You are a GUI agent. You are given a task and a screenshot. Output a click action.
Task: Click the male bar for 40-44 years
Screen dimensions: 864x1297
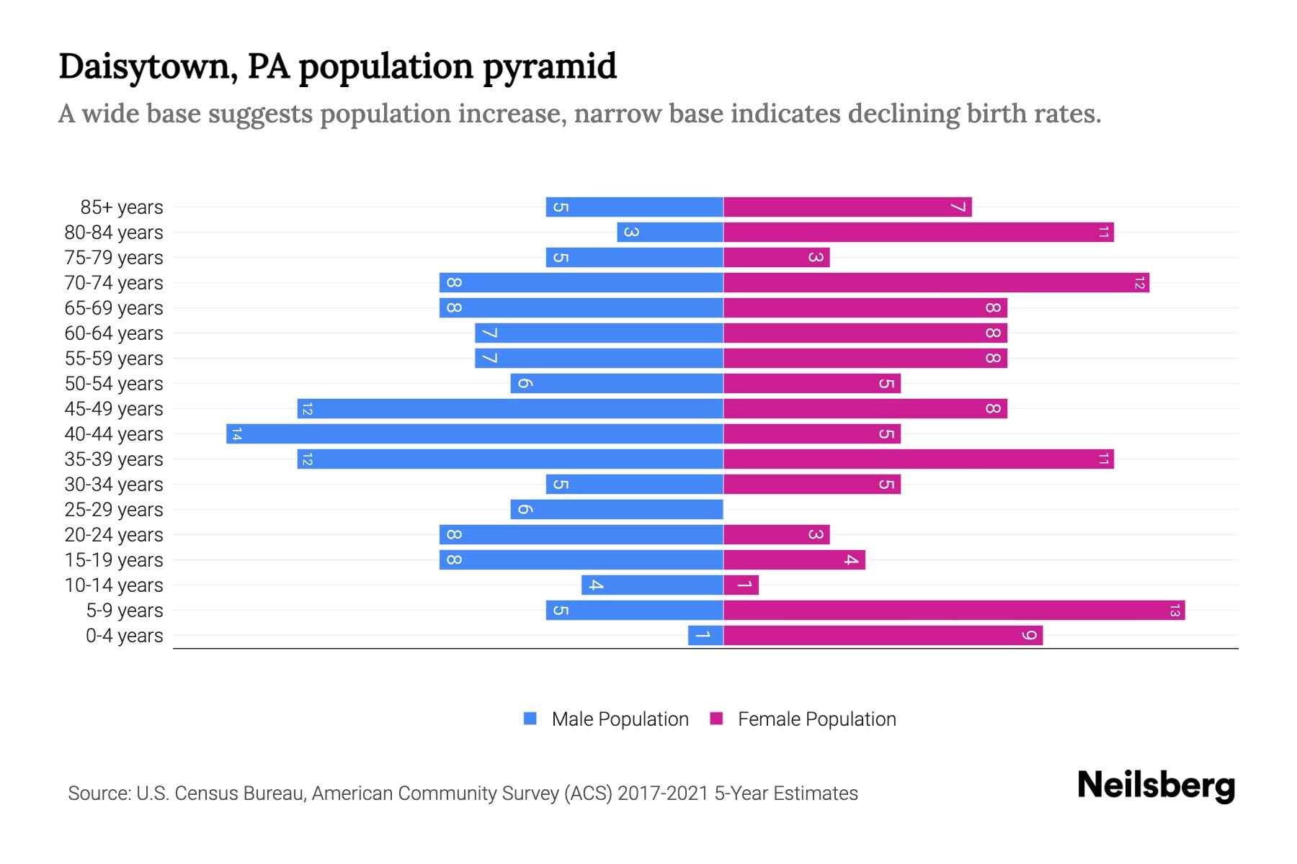[x=476, y=434]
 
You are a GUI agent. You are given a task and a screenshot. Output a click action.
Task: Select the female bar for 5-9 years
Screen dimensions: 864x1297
[x=954, y=611]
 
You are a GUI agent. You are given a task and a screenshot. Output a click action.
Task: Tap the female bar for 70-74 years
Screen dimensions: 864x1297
[x=936, y=283]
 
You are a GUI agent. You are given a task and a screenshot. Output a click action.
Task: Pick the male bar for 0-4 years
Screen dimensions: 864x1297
[x=705, y=636]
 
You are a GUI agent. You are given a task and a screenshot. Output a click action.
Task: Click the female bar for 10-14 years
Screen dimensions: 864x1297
[x=741, y=585]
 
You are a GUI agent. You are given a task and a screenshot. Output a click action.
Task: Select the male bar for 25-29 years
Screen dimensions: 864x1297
[x=617, y=510]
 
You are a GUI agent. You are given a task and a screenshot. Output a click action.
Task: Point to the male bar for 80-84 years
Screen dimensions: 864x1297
[x=670, y=233]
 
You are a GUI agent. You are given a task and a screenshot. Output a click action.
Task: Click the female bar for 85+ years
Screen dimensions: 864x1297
[x=847, y=207]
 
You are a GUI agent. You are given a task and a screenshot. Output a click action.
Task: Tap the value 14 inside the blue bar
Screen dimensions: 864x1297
[x=236, y=434]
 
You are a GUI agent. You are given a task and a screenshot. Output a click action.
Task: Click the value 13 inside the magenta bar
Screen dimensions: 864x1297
[x=1175, y=611]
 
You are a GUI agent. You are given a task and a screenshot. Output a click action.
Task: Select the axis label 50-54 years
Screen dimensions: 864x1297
[x=114, y=384]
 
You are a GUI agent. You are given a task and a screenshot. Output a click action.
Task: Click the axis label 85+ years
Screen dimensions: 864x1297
[x=122, y=207]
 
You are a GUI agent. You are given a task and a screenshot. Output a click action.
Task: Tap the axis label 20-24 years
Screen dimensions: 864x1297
[x=114, y=535]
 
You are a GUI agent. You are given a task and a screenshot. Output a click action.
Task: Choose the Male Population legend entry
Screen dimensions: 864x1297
[x=620, y=719]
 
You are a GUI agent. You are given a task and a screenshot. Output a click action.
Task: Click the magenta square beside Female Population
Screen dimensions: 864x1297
[x=716, y=719]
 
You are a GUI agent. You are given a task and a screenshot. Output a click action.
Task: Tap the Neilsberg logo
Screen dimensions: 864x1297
[x=1156, y=786]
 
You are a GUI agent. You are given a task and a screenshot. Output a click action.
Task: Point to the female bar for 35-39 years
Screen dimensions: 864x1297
[x=919, y=459]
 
